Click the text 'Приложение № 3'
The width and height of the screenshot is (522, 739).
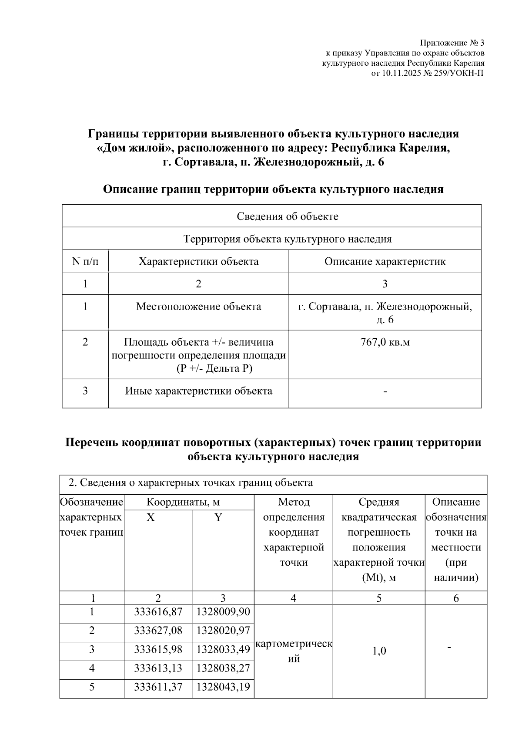pos(452,43)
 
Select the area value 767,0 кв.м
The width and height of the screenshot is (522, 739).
pos(385,342)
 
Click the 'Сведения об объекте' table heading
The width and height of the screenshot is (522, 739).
pos(287,216)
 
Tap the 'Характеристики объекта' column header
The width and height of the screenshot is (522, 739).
pos(198,262)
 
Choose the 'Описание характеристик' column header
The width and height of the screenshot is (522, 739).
pos(385,262)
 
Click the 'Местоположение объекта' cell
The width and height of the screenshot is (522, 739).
pos(198,307)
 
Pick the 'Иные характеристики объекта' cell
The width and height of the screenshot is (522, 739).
pos(198,391)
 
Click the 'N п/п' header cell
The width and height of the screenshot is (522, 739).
pos(85,262)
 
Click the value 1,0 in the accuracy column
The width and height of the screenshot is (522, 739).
pos(379,651)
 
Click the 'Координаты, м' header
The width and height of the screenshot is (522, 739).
pos(183,502)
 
